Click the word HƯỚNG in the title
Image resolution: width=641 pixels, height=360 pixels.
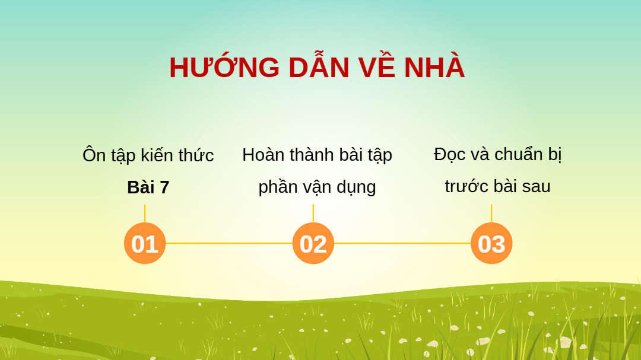click(224, 66)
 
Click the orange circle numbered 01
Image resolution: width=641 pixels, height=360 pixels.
click(145, 243)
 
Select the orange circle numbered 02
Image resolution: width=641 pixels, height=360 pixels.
click(313, 243)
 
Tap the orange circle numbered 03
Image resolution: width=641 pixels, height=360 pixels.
click(491, 243)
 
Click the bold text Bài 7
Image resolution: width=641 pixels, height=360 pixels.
click(148, 187)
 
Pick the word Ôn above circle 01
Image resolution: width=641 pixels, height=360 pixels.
click(94, 155)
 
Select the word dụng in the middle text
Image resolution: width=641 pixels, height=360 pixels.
click(356, 187)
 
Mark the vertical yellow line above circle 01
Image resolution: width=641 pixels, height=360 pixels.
click(145, 214)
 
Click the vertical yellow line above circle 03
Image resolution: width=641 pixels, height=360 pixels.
click(491, 214)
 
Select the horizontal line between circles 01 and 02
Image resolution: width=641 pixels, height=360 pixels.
click(229, 243)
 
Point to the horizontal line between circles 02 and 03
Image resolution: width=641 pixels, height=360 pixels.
click(402, 243)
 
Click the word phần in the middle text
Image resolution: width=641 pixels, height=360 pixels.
click(278, 187)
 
